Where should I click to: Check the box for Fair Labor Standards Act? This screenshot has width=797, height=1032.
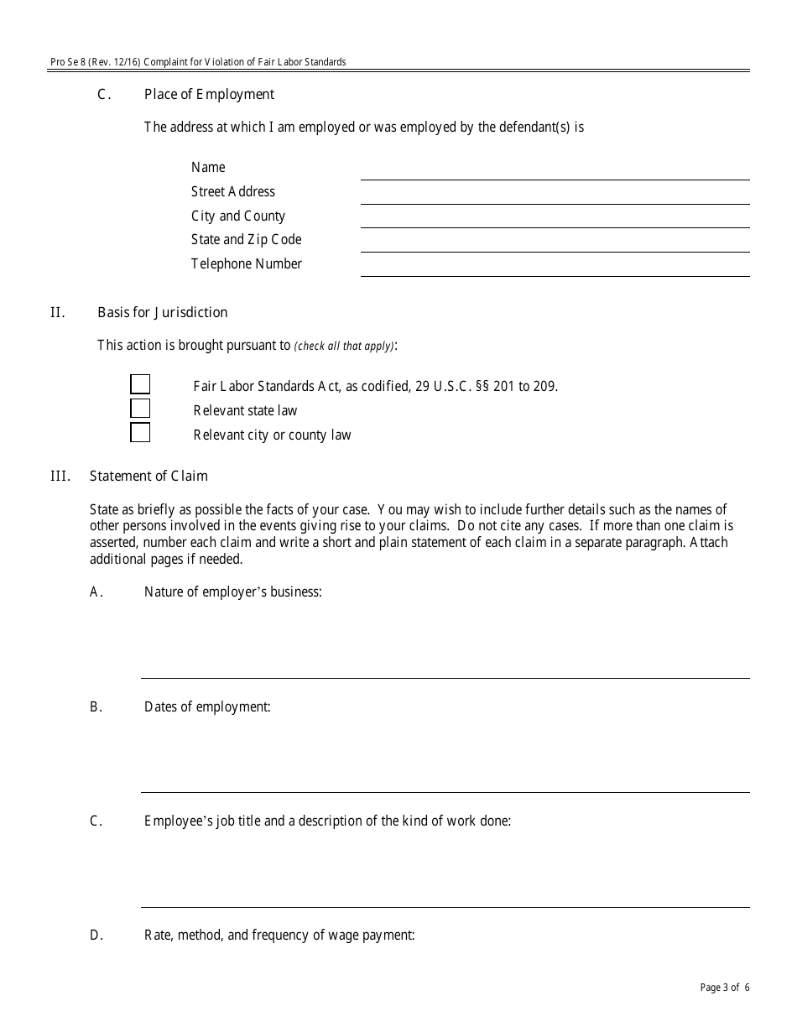point(140,384)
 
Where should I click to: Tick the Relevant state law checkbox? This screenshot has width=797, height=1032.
point(140,409)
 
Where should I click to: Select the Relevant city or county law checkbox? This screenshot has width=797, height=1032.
point(140,433)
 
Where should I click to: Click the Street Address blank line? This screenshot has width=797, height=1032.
point(555,198)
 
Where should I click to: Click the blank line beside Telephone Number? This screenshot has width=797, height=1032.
point(555,270)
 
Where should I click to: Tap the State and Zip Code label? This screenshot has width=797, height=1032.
point(246,240)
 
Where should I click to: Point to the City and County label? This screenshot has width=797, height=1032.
point(238,216)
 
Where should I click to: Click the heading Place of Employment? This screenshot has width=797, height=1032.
point(209,94)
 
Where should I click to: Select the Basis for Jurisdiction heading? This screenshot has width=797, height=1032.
point(162,312)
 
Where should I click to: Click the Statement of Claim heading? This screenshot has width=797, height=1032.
point(148,476)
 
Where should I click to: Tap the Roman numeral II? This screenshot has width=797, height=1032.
point(57,312)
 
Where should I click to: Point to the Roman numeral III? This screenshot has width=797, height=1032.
point(60,476)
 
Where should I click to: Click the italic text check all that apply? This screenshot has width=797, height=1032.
point(344,346)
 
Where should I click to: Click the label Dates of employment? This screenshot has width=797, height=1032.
point(207,706)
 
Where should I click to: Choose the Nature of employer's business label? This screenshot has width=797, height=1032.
point(232,592)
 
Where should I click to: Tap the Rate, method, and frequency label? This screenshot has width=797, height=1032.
point(279,935)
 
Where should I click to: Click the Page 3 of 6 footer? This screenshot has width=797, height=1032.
point(725,988)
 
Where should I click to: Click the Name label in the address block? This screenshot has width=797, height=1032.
point(208,167)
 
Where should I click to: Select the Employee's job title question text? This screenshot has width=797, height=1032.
point(327,821)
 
